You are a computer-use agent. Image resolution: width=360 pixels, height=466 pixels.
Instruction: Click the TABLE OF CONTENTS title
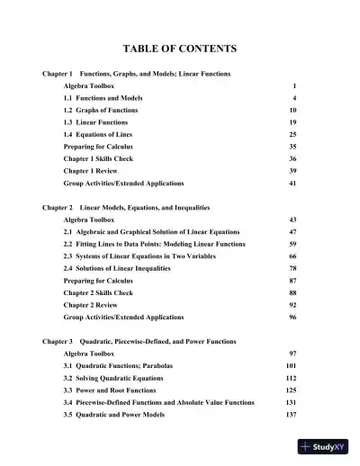[x=180, y=48]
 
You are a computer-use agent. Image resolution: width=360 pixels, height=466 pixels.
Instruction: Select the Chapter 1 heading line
[x=136, y=72]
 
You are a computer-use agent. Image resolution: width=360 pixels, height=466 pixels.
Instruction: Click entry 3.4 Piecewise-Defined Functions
[x=158, y=403]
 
